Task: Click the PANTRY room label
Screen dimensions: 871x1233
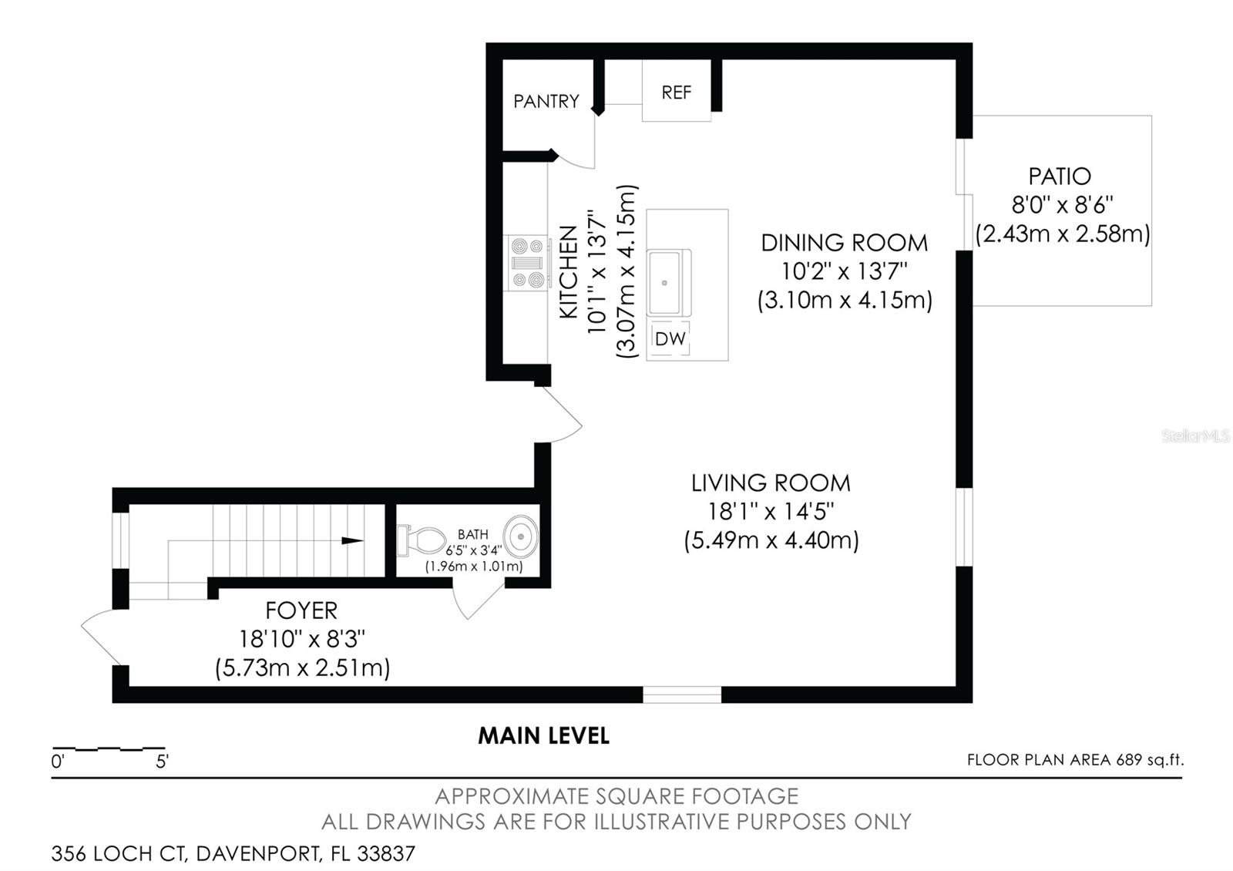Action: [x=546, y=101]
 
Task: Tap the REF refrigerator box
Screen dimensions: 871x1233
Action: [x=676, y=92]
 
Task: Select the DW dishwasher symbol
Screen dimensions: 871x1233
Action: [x=670, y=338]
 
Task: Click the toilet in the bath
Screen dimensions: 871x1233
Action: [x=421, y=540]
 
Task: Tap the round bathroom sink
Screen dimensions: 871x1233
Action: [x=522, y=535]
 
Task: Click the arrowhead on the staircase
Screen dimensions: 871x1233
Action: [x=353, y=541]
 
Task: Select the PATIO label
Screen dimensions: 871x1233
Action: [x=1060, y=176]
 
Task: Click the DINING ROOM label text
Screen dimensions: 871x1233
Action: [x=844, y=243]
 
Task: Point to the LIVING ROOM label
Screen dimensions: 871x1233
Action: [x=771, y=483]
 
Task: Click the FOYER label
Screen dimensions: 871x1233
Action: [x=301, y=610]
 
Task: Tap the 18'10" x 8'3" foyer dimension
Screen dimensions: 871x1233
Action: [x=301, y=639]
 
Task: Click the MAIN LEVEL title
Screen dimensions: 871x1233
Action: [x=543, y=736]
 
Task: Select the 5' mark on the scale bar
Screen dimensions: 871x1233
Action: [x=162, y=762]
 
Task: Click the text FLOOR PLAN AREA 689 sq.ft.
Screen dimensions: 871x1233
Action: [x=1075, y=760]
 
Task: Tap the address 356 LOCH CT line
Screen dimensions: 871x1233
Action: [x=233, y=854]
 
